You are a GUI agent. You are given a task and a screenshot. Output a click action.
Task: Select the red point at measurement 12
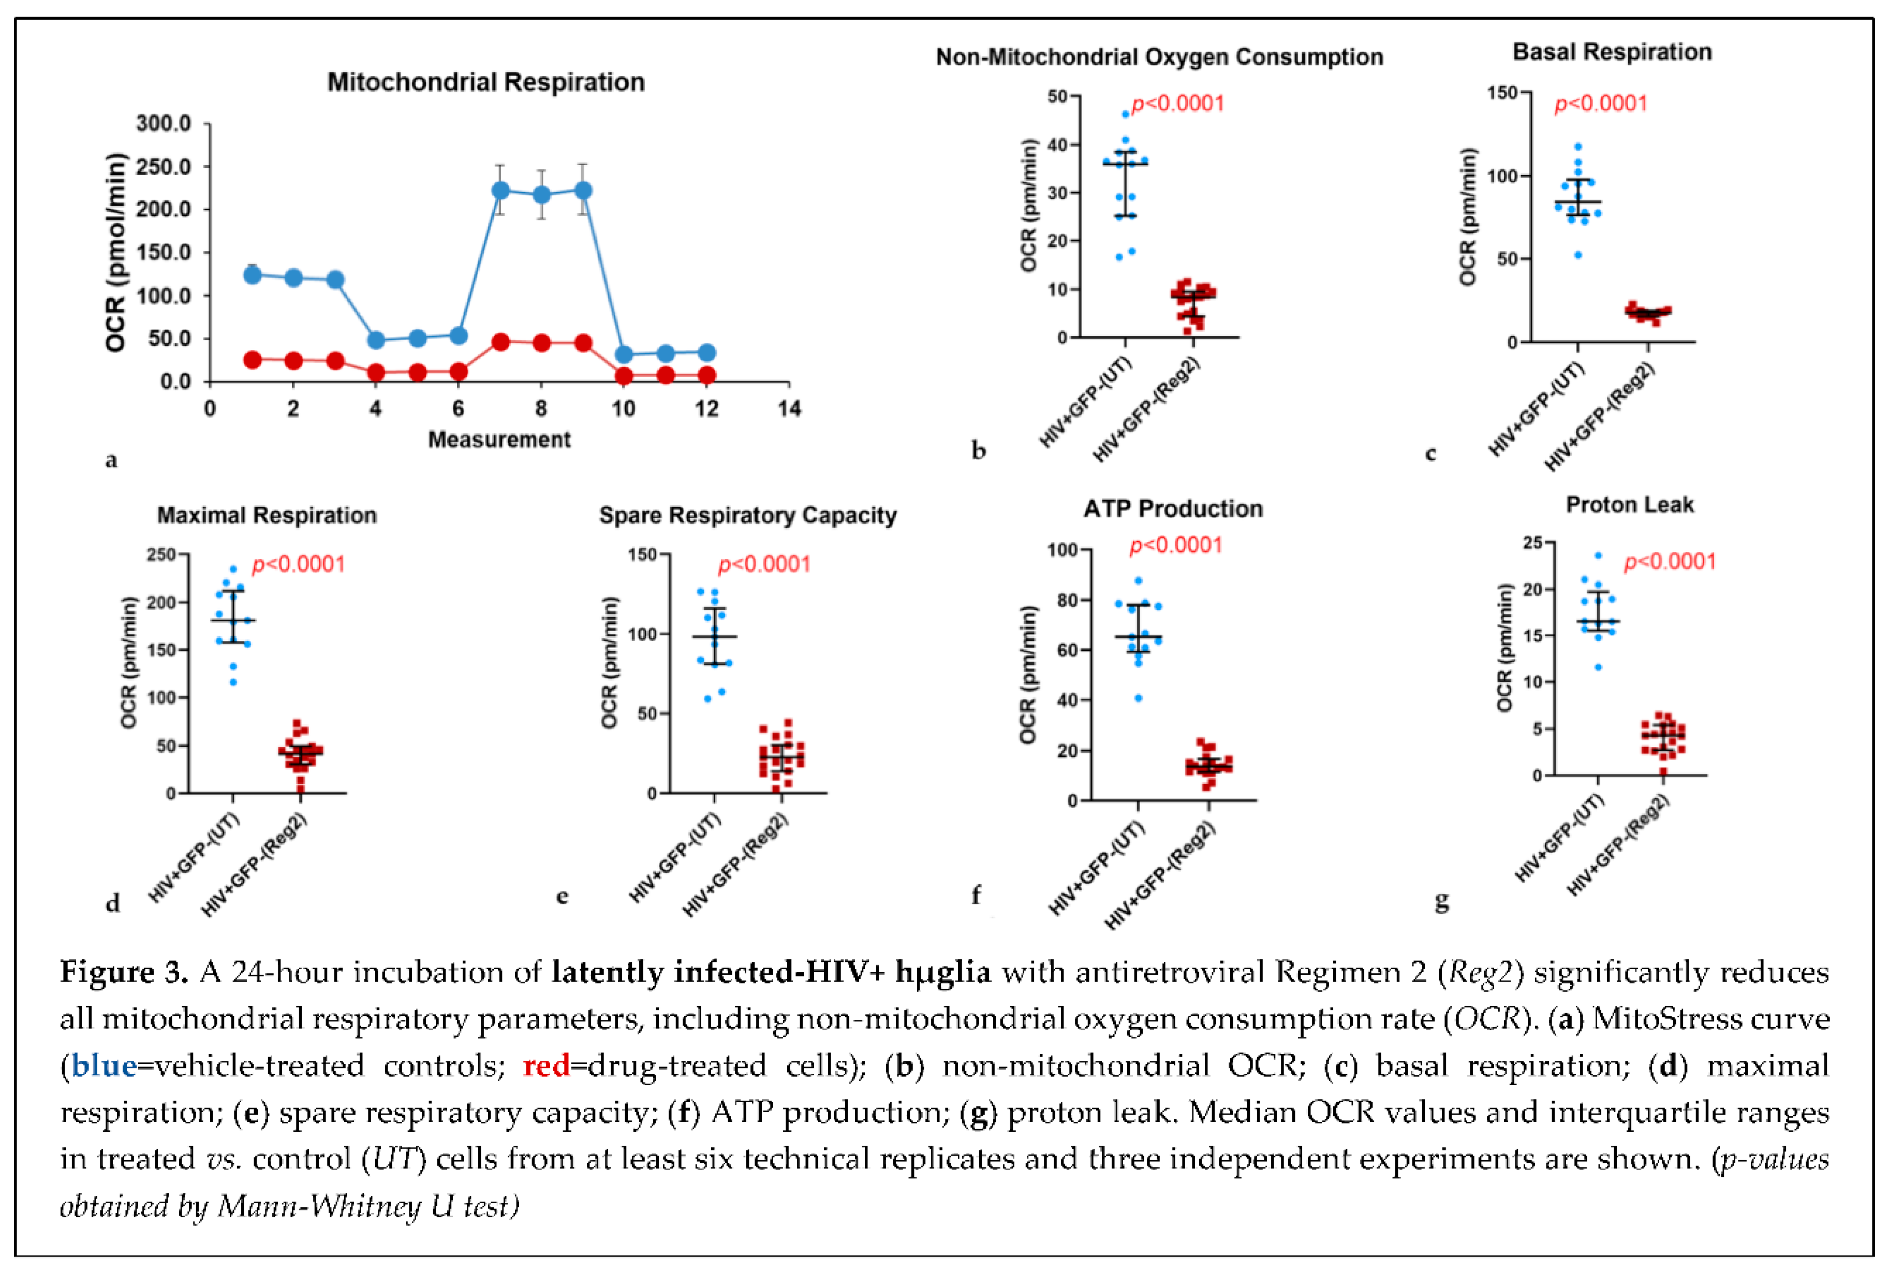click(706, 375)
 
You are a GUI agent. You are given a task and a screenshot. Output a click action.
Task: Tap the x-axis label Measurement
click(499, 440)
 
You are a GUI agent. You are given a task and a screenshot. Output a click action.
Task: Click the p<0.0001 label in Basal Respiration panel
click(1601, 104)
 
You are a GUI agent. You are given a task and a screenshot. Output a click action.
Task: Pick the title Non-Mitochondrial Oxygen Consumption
click(1159, 57)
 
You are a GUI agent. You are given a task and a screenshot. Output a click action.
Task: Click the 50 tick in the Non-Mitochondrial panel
click(1057, 96)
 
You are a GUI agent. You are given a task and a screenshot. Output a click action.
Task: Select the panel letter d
click(113, 903)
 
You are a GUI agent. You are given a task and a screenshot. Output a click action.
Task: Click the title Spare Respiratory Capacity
click(747, 516)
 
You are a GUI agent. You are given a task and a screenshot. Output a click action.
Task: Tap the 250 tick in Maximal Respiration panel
click(161, 555)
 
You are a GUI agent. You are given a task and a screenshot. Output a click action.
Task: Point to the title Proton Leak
click(1629, 505)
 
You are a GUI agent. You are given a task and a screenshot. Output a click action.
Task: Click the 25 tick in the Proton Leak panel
click(1532, 542)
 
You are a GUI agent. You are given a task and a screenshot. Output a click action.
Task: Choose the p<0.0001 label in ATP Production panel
click(1176, 546)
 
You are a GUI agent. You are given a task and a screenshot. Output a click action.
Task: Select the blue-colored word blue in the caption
click(104, 1065)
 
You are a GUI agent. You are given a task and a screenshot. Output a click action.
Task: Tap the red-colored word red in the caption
click(545, 1065)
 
